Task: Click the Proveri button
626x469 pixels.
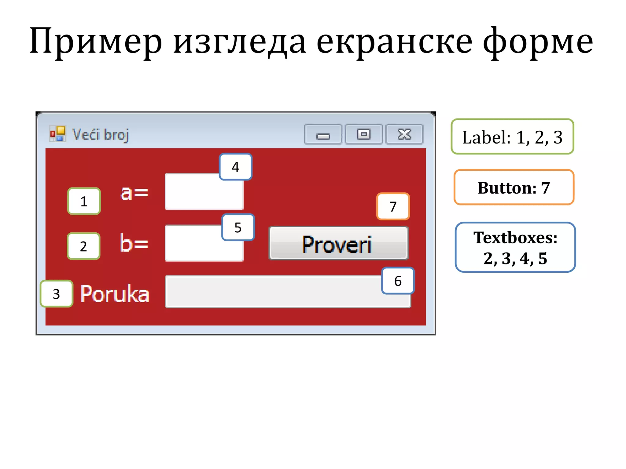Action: [x=338, y=243]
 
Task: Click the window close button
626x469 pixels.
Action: [x=404, y=134]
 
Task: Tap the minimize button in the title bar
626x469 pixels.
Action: [x=323, y=134]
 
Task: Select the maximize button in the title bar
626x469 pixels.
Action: [x=364, y=134]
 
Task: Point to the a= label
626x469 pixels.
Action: [x=134, y=193]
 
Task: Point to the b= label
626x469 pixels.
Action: [x=134, y=243]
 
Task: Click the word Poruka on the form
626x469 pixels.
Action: [x=115, y=294]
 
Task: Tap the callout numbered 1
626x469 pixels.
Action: [x=84, y=201]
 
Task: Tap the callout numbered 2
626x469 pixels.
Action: [x=83, y=246]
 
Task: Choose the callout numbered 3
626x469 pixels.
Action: [x=57, y=294]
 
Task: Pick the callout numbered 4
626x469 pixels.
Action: [x=235, y=167]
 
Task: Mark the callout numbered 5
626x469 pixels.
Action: [x=238, y=227]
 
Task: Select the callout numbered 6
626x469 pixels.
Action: [x=398, y=281]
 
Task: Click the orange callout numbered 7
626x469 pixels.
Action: [x=393, y=206]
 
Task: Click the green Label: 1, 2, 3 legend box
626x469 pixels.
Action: [x=512, y=136]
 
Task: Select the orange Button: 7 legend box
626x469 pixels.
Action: [x=514, y=187]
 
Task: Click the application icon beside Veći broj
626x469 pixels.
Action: [x=58, y=134]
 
